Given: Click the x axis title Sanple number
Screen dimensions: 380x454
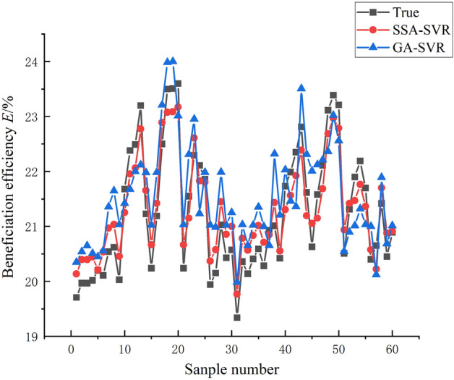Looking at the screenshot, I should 232,369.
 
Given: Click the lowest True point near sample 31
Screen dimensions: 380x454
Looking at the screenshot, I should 237,317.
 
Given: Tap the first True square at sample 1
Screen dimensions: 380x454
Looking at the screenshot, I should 76,297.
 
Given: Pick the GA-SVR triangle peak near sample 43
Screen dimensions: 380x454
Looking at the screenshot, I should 301,88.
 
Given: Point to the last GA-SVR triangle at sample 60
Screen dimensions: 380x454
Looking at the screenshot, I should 393,225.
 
